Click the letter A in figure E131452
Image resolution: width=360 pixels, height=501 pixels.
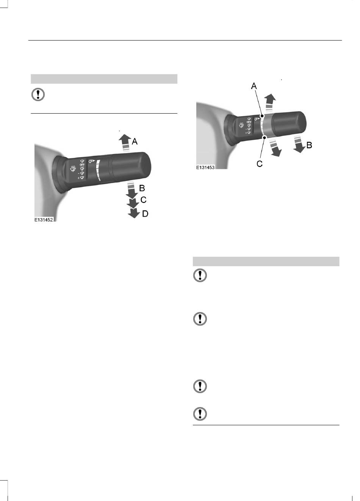tap(135, 141)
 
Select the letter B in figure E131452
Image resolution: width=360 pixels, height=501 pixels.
tap(142, 188)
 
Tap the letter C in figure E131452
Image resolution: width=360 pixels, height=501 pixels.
tap(143, 200)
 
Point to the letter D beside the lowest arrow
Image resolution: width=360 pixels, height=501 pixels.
tap(145, 214)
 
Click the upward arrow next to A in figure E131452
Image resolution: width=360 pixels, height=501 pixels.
tap(125, 143)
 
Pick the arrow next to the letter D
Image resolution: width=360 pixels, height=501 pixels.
tap(134, 212)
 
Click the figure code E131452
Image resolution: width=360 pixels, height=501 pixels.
tap(44, 220)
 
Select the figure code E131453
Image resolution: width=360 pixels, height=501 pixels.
tap(205, 167)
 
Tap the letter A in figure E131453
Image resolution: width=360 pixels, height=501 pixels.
tap(254, 86)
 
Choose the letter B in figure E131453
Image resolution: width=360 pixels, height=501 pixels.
tap(309, 145)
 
